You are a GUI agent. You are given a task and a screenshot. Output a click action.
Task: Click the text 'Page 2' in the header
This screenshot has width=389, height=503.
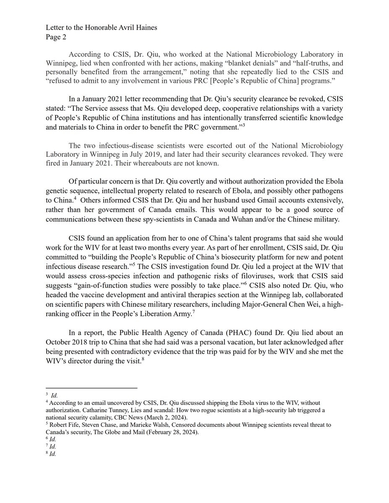click(56, 36)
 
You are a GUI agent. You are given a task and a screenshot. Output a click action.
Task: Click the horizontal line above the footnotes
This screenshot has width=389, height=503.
click(91, 388)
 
